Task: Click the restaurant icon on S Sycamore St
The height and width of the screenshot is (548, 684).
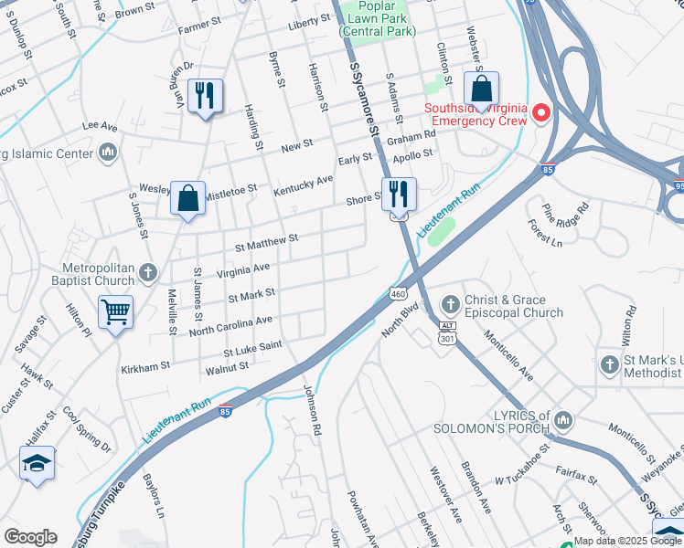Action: (x=399, y=194)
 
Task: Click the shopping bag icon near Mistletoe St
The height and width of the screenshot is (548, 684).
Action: (x=187, y=197)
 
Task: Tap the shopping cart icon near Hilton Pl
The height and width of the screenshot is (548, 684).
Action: (x=116, y=312)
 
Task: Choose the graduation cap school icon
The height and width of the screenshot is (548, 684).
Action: (x=37, y=463)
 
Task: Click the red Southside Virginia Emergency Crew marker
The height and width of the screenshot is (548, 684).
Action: (x=541, y=112)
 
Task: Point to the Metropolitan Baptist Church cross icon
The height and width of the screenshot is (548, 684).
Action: (x=150, y=272)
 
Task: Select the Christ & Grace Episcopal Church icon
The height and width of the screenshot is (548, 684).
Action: (x=449, y=303)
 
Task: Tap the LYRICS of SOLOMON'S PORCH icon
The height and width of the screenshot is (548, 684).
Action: (x=564, y=420)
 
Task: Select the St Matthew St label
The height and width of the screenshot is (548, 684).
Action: (x=266, y=242)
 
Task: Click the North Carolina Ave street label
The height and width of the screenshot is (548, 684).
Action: (x=230, y=326)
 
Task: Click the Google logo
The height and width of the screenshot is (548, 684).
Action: (x=30, y=537)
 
